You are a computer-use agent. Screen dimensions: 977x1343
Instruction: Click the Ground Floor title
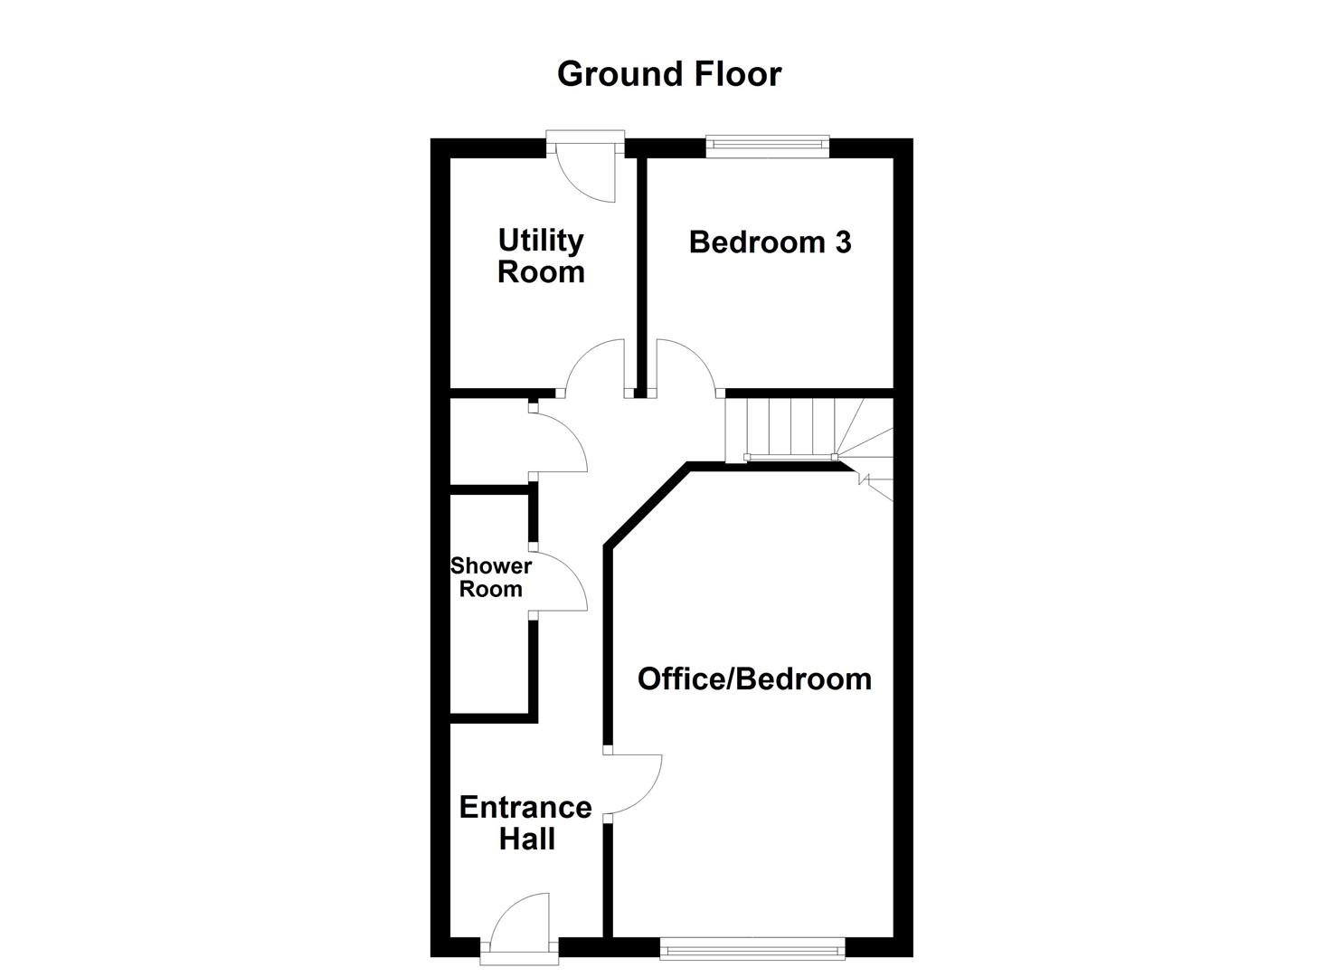(668, 74)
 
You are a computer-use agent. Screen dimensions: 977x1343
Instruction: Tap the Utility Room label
(541, 256)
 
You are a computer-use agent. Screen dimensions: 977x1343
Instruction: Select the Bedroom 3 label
(770, 242)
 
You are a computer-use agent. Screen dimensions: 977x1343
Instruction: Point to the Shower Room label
(491, 577)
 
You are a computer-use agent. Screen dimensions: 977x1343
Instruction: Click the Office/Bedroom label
(754, 678)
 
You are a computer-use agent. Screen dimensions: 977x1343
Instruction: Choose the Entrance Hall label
(525, 822)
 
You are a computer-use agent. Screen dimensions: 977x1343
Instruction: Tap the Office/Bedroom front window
(752, 947)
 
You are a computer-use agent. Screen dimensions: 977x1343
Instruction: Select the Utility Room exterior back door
(589, 167)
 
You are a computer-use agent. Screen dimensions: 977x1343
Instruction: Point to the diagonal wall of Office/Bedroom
(647, 507)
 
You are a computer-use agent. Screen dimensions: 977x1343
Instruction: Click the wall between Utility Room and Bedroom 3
(641, 271)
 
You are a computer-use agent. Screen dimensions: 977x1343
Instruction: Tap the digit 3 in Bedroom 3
(842, 242)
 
